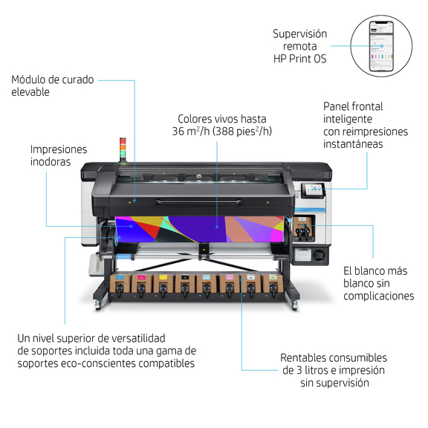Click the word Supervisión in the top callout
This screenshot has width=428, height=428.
pos(299,34)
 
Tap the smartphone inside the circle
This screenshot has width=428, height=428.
pos(381,46)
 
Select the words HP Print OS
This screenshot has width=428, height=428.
pos(299,59)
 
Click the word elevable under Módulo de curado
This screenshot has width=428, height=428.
pos(30,92)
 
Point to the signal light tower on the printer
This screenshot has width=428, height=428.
pos(123,149)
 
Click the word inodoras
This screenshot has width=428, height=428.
pos(51,161)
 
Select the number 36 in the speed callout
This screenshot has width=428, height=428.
pos(178,132)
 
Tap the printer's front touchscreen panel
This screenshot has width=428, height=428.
pos(313,190)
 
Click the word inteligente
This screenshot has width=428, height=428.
pos(348,119)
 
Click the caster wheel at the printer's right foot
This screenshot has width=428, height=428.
pos(294,305)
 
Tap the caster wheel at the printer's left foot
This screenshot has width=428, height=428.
pos(98,305)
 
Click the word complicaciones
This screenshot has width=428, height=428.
pos(379,296)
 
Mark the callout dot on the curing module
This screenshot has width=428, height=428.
pos(134,201)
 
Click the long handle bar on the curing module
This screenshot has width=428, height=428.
pos(198,202)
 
